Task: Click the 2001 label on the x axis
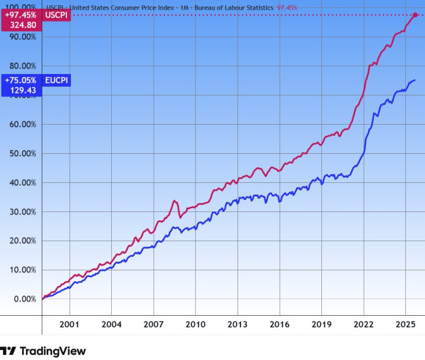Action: (x=69, y=324)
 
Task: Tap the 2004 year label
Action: (x=111, y=324)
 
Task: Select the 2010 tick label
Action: (x=195, y=324)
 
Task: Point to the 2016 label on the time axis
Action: (x=279, y=324)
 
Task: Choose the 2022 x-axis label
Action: (x=364, y=324)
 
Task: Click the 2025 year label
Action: (x=406, y=324)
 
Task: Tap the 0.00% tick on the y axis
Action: (x=24, y=299)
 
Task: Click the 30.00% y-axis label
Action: (x=22, y=211)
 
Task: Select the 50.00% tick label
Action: (x=22, y=153)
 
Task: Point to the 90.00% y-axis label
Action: (x=22, y=36)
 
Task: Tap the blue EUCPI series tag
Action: (x=57, y=80)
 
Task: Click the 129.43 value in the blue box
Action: (x=23, y=90)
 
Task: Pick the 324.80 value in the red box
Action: (x=23, y=25)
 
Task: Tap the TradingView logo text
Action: (x=52, y=351)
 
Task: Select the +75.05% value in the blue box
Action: (x=20, y=80)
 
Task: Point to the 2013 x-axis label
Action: (x=238, y=324)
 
